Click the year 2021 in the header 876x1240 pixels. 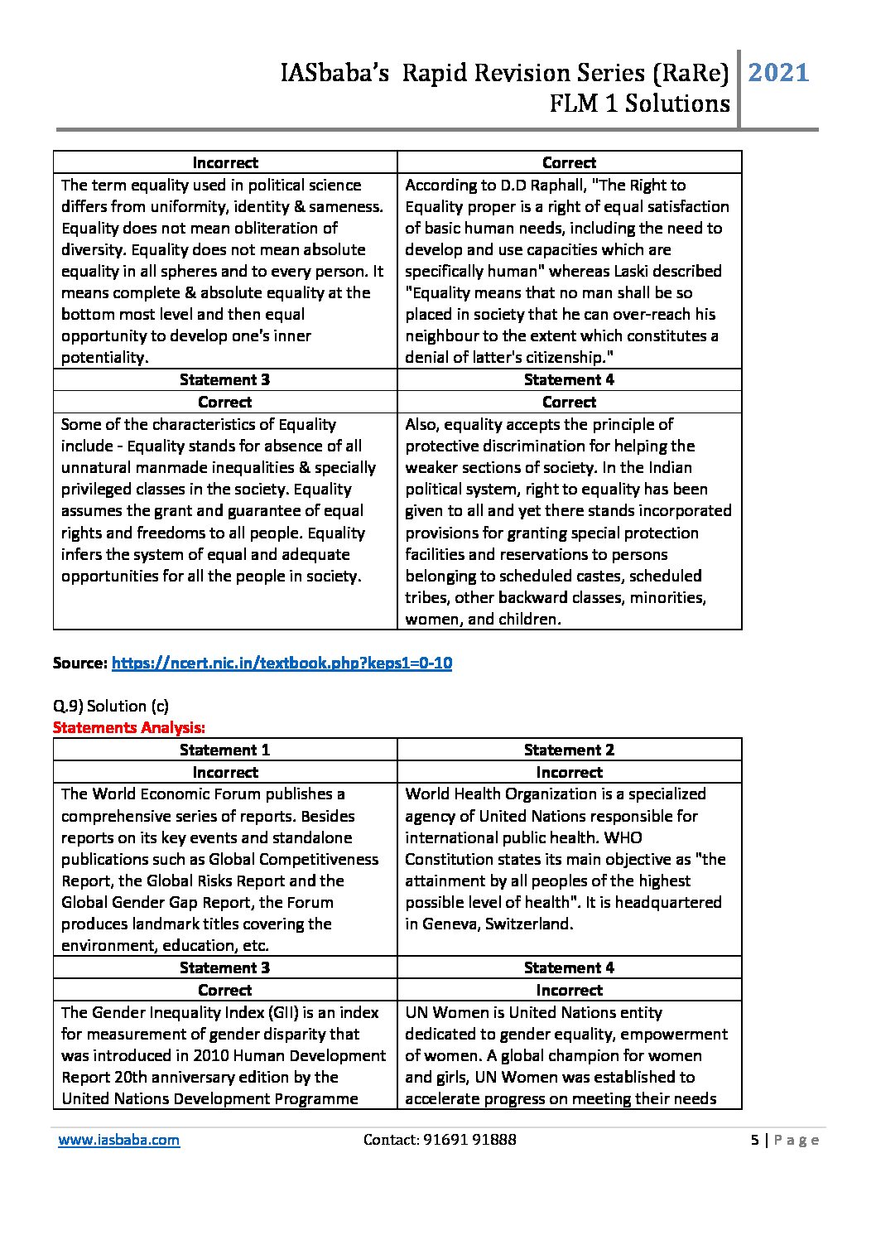click(x=778, y=73)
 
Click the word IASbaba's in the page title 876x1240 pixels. click(x=335, y=74)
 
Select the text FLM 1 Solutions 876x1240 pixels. click(x=639, y=104)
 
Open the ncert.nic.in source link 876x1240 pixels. click(x=282, y=663)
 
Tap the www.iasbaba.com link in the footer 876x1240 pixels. click(x=118, y=1140)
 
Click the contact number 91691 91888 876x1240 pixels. click(x=469, y=1140)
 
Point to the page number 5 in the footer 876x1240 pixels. click(x=754, y=1140)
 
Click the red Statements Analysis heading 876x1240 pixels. click(x=128, y=727)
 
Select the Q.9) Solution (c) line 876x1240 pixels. click(x=111, y=706)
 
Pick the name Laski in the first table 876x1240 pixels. click(x=665, y=271)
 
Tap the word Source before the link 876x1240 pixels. click(x=79, y=663)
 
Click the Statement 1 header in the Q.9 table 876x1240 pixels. click(x=224, y=750)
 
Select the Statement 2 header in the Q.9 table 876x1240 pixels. click(x=569, y=750)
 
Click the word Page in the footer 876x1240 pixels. click(x=797, y=1140)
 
